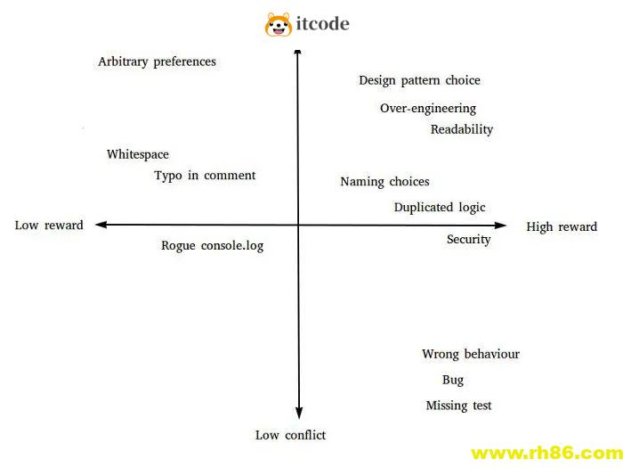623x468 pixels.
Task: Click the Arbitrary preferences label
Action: [x=157, y=62]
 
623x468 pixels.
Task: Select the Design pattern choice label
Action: [x=419, y=80]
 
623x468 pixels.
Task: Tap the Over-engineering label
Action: [x=428, y=109]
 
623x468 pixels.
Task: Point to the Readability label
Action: [x=462, y=129]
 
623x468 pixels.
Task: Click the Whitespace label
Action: [x=137, y=154]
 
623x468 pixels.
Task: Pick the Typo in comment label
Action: [x=205, y=176]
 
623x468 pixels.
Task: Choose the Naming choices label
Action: [x=384, y=182]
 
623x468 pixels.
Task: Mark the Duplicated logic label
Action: [x=440, y=208]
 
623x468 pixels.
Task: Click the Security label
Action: [x=468, y=239]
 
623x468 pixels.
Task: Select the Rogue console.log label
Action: [x=213, y=245]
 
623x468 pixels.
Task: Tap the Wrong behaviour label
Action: [x=471, y=354]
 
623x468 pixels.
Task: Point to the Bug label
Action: [x=453, y=380]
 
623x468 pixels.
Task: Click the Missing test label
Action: [x=458, y=406]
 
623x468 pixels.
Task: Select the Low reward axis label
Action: [x=49, y=226]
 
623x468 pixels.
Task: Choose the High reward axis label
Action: [x=562, y=226]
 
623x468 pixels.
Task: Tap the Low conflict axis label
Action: [x=290, y=435]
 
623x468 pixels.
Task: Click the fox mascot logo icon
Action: [x=279, y=24]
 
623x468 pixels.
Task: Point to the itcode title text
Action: [x=322, y=24]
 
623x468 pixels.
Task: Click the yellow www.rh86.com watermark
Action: [x=546, y=452]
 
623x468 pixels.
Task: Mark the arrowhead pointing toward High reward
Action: [x=500, y=226]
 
